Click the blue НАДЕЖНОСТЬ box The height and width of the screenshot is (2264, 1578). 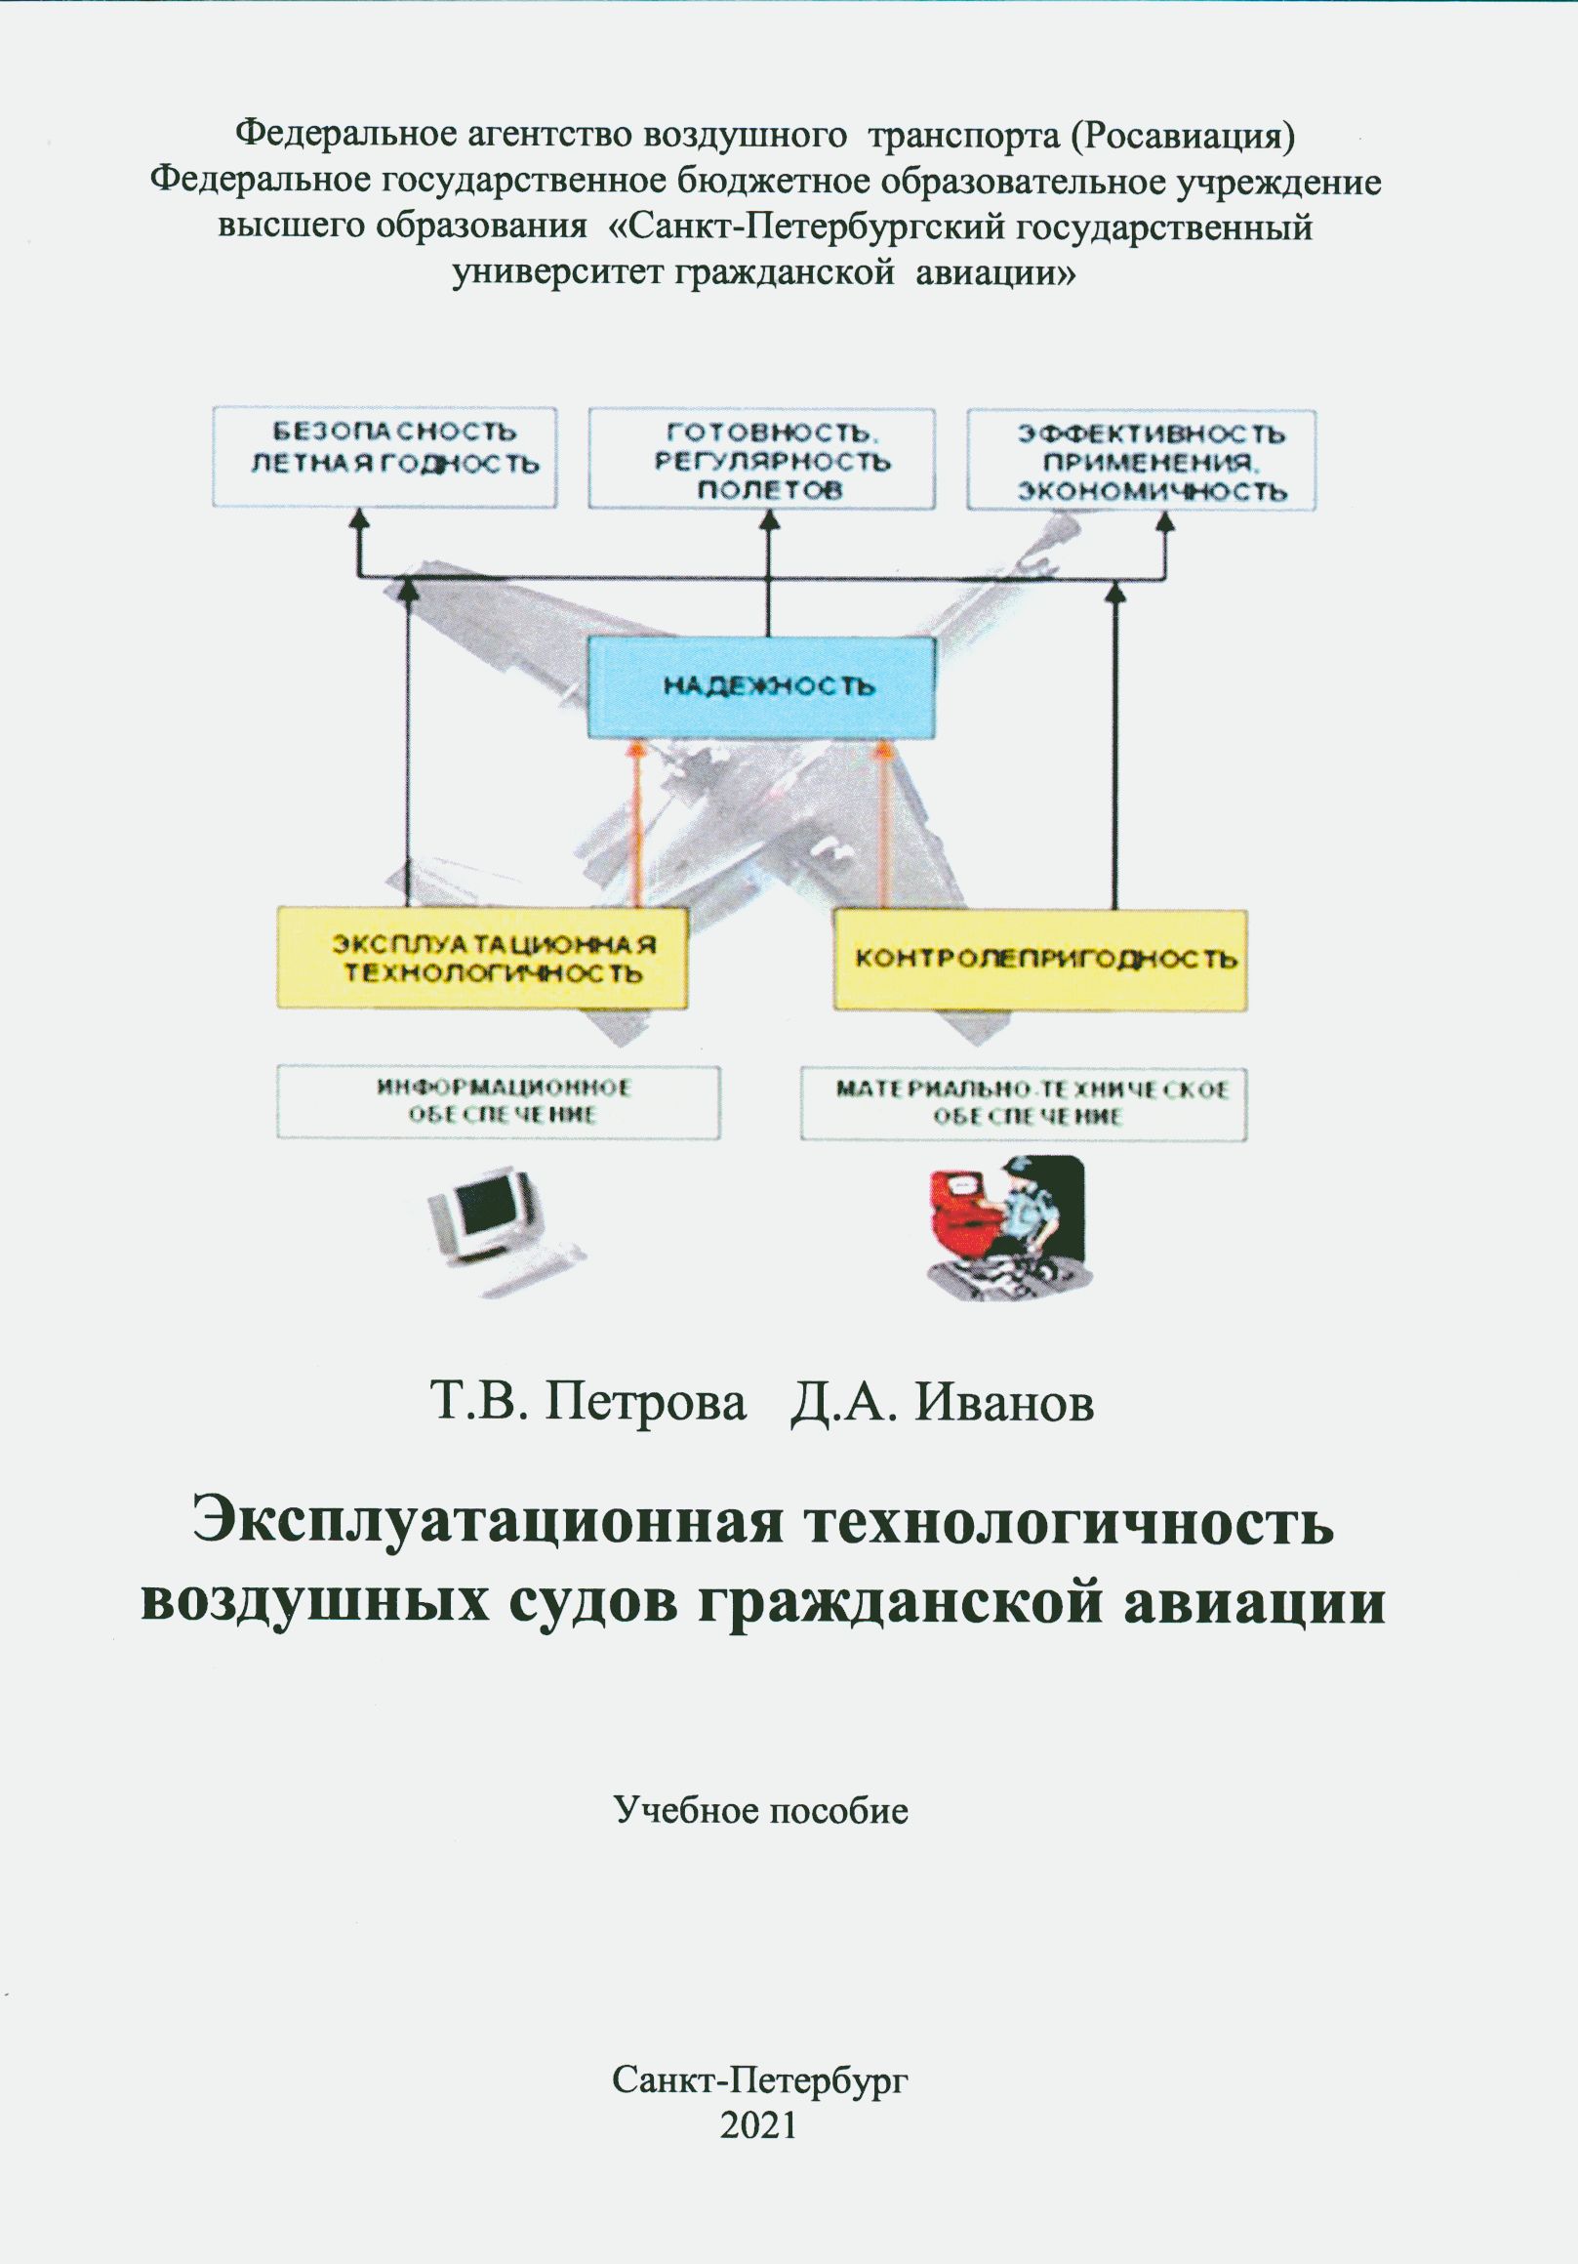(x=761, y=687)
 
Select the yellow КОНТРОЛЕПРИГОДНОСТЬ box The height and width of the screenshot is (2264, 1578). (x=1040, y=960)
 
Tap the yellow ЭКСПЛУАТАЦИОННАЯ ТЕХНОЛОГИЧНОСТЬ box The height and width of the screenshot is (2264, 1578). (x=482, y=959)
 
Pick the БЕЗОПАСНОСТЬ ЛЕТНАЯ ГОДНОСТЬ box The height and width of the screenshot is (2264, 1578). (x=384, y=458)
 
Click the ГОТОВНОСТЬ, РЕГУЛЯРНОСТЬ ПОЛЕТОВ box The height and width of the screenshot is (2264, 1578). (x=761, y=459)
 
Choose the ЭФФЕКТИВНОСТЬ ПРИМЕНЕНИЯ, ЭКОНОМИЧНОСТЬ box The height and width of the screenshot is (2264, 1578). (x=1142, y=461)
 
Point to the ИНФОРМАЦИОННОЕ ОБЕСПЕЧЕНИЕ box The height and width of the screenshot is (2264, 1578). (x=498, y=1102)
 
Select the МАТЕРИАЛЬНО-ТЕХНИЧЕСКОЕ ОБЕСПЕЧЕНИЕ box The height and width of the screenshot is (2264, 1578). (x=1023, y=1103)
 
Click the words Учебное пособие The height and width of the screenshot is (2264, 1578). (x=761, y=1810)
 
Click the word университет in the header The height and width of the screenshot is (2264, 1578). (x=558, y=273)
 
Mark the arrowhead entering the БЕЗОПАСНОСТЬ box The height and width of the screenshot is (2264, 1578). (x=360, y=519)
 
